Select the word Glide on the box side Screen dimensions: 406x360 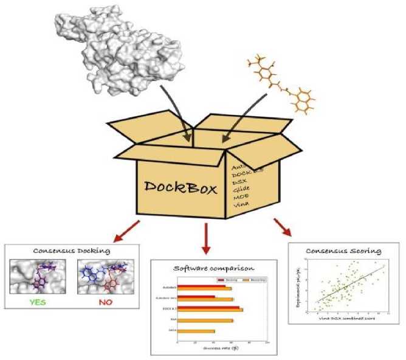tap(243, 189)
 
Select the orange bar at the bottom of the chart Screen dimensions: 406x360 tap(196, 331)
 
